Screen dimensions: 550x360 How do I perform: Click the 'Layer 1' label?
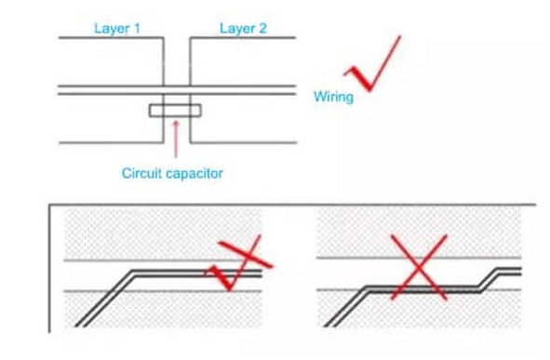[x=117, y=29]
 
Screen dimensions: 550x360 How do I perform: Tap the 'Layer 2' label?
[x=243, y=29]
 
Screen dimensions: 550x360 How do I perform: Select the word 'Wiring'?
[x=333, y=97]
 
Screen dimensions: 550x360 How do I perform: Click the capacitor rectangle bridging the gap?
[x=175, y=111]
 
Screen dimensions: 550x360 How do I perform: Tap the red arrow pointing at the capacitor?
[x=176, y=140]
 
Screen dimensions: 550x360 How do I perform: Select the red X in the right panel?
[x=419, y=267]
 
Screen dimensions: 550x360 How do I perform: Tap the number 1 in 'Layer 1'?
[x=137, y=29]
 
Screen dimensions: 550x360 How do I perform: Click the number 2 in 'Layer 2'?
[x=262, y=29]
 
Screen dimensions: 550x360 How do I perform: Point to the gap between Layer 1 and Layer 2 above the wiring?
[x=177, y=61]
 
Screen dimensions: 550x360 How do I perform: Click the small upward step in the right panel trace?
[x=489, y=280]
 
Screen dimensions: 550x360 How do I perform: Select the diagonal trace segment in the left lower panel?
[x=105, y=299]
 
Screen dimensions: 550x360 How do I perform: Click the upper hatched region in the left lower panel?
[x=163, y=234]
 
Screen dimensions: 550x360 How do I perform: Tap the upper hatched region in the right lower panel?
[x=419, y=232]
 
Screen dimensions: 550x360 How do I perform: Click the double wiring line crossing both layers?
[x=177, y=90]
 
